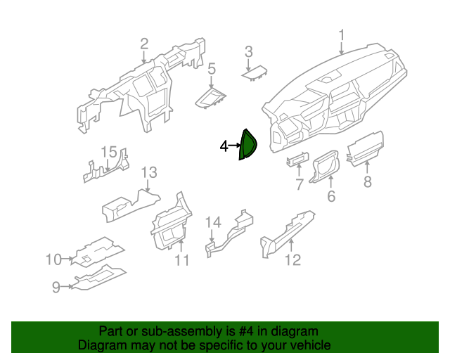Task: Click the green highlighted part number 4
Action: [247, 145]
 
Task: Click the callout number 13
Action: [149, 173]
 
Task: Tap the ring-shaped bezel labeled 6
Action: [326, 166]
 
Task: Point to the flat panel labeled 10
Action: [98, 252]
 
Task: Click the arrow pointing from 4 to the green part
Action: [234, 146]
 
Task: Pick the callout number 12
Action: [292, 260]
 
